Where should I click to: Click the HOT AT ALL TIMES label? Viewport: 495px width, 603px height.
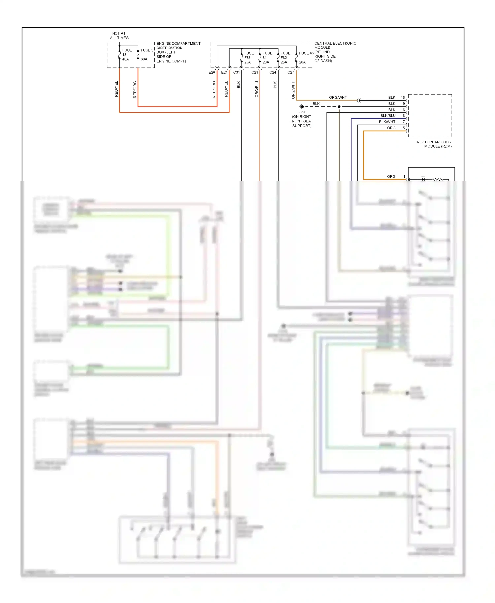click(119, 36)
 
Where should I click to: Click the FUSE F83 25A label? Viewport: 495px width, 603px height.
click(248, 58)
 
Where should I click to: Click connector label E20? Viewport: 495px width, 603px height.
click(212, 72)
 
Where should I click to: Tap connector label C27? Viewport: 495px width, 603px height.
click(290, 72)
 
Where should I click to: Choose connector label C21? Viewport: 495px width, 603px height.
click(254, 72)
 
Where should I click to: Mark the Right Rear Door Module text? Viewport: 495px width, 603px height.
click(434, 144)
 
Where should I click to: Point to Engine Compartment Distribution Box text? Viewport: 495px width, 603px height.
click(178, 52)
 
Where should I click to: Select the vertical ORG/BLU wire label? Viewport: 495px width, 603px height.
click(257, 89)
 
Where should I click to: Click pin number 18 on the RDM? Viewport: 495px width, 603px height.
click(403, 98)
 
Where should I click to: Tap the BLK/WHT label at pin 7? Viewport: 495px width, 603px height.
click(387, 122)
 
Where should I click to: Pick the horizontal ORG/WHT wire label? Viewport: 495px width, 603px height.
click(338, 98)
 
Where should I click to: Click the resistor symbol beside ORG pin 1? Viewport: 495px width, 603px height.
click(437, 179)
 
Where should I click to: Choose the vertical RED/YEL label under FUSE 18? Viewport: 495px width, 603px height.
click(116, 89)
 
